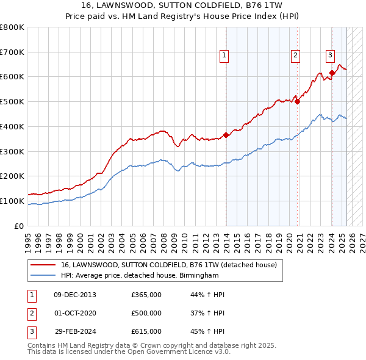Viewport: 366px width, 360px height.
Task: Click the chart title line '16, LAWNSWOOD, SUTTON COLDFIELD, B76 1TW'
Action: (183, 6)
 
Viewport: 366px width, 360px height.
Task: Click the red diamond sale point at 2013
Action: (226, 135)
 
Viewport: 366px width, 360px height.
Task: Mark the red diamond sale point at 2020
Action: (298, 102)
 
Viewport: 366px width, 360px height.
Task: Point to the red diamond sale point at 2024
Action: (332, 73)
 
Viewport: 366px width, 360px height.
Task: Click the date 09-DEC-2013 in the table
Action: (75, 295)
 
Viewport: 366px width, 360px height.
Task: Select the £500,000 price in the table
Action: (146, 313)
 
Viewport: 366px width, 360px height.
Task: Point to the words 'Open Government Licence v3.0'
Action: (184, 351)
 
